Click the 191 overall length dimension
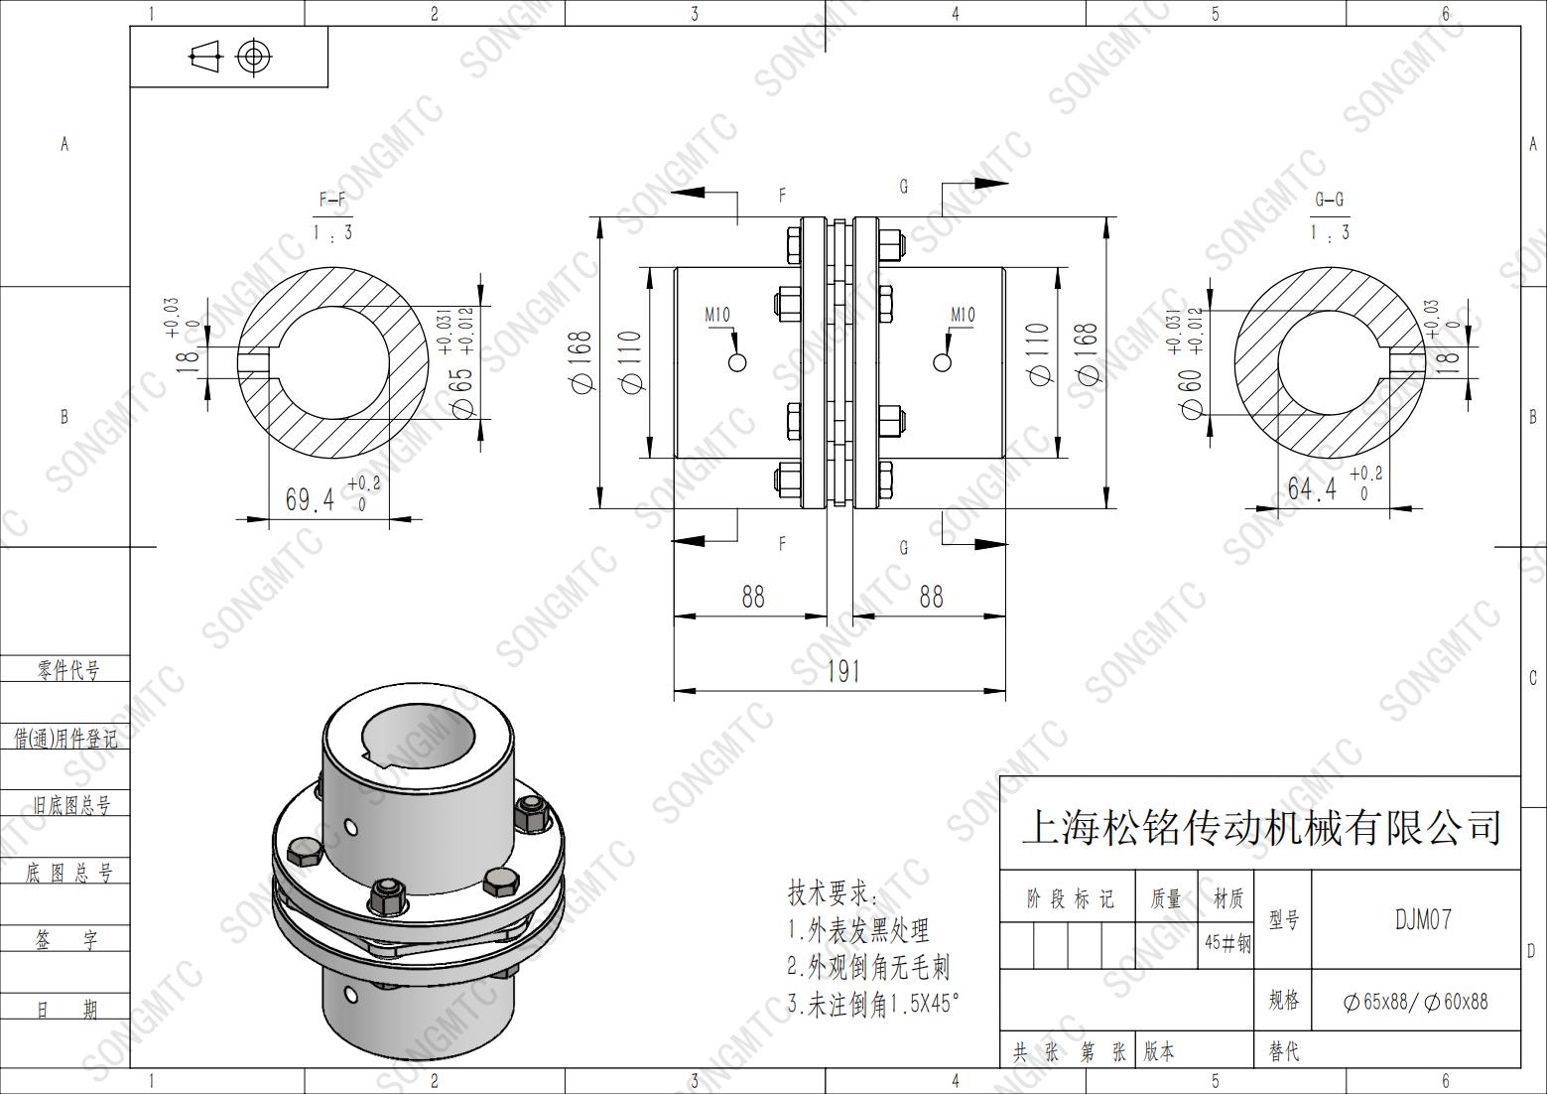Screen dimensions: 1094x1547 [842, 672]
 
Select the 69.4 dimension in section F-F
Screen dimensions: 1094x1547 [311, 498]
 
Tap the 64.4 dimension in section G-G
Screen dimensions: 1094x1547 [1312, 488]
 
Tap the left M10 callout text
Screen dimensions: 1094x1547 [717, 316]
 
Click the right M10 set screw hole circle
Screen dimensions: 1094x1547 [943, 361]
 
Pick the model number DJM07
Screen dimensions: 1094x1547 [1423, 919]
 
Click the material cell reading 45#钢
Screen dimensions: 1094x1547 [1226, 943]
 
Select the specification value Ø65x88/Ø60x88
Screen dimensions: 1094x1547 [1415, 1002]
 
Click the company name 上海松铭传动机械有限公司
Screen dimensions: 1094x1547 [1260, 827]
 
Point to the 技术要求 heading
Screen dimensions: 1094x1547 [833, 893]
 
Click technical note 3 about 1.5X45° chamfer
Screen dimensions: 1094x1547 [873, 1004]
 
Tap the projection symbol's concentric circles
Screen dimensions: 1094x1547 [254, 57]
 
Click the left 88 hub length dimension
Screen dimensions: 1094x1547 [753, 597]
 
